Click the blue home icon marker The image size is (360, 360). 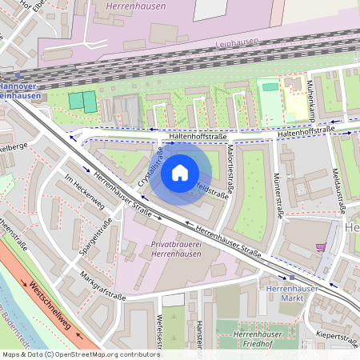(x=179, y=172)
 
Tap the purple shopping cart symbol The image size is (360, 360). (x=322, y=247)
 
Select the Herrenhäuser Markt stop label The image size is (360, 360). (x=292, y=293)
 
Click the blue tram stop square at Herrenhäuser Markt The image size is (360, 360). (x=291, y=277)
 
